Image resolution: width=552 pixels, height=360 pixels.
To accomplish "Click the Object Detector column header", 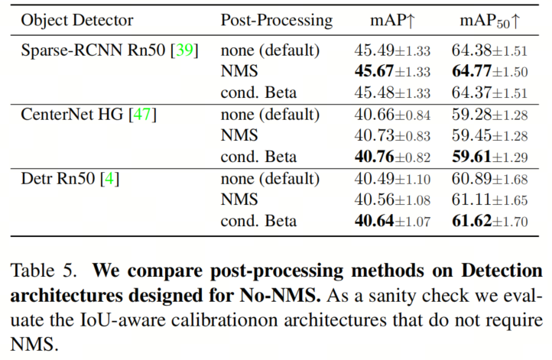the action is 77,21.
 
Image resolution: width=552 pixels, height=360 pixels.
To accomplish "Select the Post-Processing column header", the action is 277,21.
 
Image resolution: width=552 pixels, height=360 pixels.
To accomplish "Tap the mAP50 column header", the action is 490,21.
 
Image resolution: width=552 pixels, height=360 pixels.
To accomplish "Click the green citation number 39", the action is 184,50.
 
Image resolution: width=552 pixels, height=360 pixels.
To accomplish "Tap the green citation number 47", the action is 142,115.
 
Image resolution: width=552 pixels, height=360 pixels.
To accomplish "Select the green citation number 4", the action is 109,178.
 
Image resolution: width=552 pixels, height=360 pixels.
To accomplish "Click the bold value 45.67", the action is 374,71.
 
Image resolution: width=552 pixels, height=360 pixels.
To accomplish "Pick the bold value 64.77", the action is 472,71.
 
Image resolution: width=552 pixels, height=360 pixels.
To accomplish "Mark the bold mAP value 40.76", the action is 374,157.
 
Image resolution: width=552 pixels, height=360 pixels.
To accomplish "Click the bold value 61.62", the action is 472,221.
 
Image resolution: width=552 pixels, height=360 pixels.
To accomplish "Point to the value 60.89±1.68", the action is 490,179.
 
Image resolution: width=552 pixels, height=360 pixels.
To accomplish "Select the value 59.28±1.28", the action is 490,115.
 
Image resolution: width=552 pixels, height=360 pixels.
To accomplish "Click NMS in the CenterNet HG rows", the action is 239,135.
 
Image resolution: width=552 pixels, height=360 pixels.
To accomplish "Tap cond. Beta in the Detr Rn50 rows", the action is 258,221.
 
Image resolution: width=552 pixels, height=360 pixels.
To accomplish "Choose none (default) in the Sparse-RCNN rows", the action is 271,50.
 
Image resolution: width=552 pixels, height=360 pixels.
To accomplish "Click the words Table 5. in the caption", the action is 44,271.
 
